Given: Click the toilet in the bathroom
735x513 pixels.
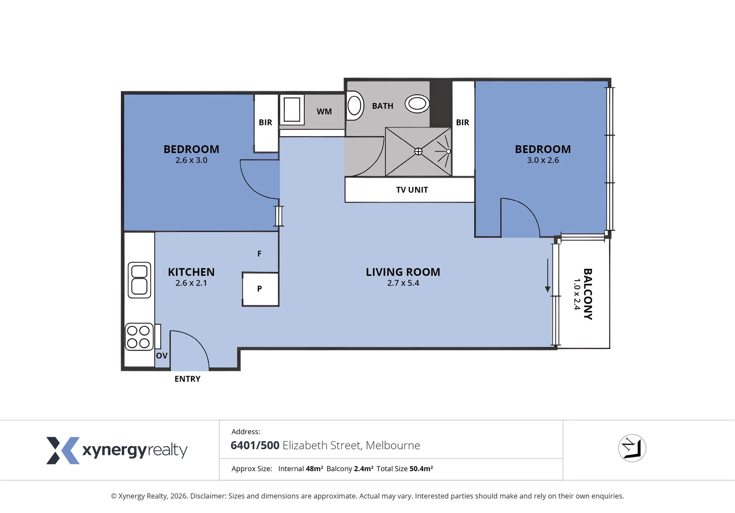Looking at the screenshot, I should click(x=354, y=105).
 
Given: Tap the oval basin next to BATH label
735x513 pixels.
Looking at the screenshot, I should click(x=417, y=104).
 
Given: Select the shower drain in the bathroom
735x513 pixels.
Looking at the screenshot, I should click(x=418, y=152).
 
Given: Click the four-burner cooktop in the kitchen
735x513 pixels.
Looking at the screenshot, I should click(x=138, y=337).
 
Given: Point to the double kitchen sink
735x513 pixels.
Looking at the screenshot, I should click(x=139, y=280).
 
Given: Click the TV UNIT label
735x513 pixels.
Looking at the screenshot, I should click(x=412, y=190).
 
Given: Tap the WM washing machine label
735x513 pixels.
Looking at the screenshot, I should click(x=324, y=112).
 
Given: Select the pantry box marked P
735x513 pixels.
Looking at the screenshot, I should click(x=260, y=289).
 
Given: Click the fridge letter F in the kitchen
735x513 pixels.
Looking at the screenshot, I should click(x=259, y=254).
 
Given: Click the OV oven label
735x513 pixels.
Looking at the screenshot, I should click(x=162, y=356).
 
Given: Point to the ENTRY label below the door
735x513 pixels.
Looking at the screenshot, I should click(x=187, y=379).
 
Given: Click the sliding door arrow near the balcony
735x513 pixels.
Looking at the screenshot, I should click(x=548, y=276).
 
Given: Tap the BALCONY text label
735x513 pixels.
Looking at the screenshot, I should click(x=588, y=294).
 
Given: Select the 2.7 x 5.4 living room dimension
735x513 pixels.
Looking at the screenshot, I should click(x=403, y=283).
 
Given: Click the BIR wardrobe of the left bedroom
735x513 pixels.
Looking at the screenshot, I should click(x=266, y=123).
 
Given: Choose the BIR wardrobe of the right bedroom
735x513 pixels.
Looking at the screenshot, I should click(x=463, y=123).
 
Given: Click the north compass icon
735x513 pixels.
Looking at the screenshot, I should click(x=632, y=448).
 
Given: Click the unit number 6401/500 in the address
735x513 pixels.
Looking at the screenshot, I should click(x=255, y=446).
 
